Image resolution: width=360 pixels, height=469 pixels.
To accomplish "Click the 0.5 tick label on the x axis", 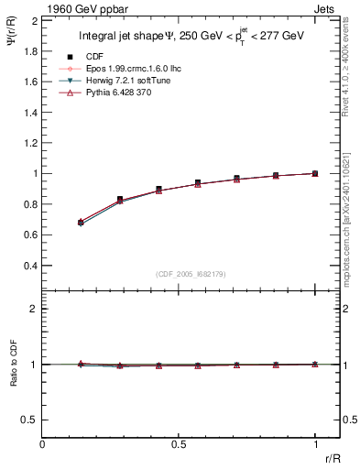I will [x=178, y=444].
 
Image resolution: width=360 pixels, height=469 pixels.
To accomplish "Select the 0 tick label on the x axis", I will [x=42, y=444].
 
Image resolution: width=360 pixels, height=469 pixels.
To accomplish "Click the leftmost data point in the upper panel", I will [x=81, y=223].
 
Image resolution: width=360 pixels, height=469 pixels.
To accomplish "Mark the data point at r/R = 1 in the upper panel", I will [x=315, y=173].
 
